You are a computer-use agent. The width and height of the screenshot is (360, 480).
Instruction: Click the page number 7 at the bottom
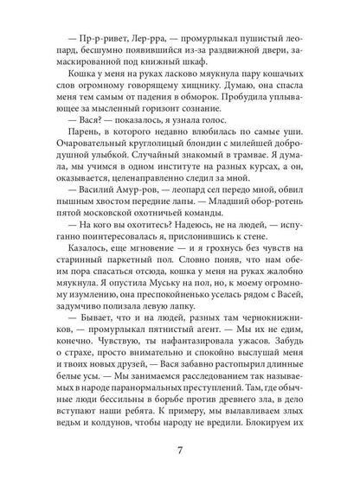pyautogui.click(x=180, y=451)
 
